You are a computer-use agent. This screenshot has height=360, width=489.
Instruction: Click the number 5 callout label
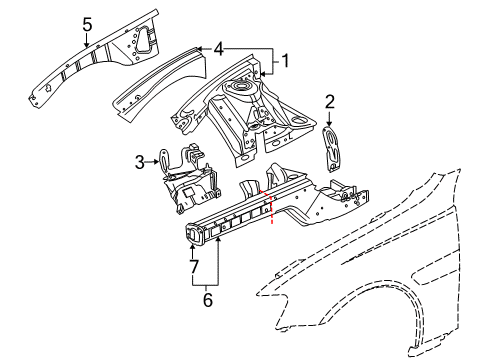(87, 24)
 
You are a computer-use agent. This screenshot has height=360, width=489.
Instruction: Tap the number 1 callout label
(284, 60)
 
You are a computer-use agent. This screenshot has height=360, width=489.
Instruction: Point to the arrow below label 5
(87, 41)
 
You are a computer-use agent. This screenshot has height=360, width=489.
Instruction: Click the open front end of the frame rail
(194, 234)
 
